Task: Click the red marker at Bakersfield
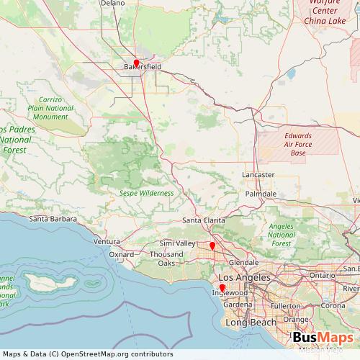(x=136, y=63)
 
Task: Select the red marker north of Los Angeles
(x=213, y=246)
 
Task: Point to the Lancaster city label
(x=258, y=175)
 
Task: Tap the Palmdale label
(x=261, y=194)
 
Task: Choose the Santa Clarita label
(x=204, y=220)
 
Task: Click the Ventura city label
(x=107, y=241)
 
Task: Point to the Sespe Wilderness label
(x=147, y=193)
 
